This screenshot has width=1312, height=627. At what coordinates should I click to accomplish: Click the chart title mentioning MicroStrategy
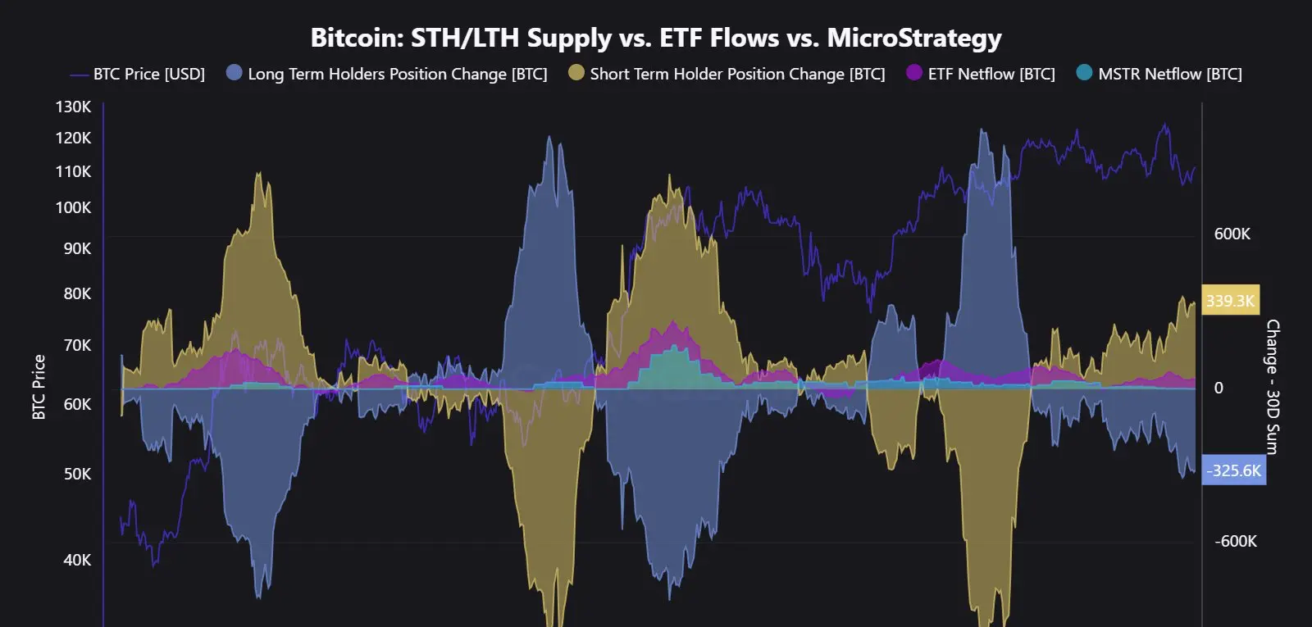tap(656, 38)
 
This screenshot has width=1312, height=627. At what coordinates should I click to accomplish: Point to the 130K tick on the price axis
tap(74, 107)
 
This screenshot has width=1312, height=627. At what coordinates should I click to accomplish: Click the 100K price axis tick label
tap(74, 207)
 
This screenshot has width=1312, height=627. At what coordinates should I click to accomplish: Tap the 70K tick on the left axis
tap(78, 345)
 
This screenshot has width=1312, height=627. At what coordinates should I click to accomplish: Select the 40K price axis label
tap(78, 560)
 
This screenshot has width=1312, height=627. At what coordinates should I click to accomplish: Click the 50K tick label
tap(78, 474)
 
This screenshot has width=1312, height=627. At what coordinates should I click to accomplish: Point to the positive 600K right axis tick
tap(1232, 234)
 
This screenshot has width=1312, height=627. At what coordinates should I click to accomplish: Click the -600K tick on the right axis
tap(1235, 541)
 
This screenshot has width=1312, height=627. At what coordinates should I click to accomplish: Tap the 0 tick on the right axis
tap(1219, 388)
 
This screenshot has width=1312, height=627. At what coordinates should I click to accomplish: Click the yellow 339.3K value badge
tap(1230, 301)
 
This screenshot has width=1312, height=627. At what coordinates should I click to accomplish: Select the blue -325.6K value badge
tap(1233, 470)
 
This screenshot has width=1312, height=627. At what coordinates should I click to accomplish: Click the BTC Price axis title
tap(39, 387)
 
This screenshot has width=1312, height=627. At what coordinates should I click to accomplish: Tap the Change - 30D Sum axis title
tap(1272, 387)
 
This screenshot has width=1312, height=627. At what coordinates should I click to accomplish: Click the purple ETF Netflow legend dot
tap(914, 73)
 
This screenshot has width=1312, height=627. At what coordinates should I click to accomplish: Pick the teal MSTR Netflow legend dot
tap(1084, 73)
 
